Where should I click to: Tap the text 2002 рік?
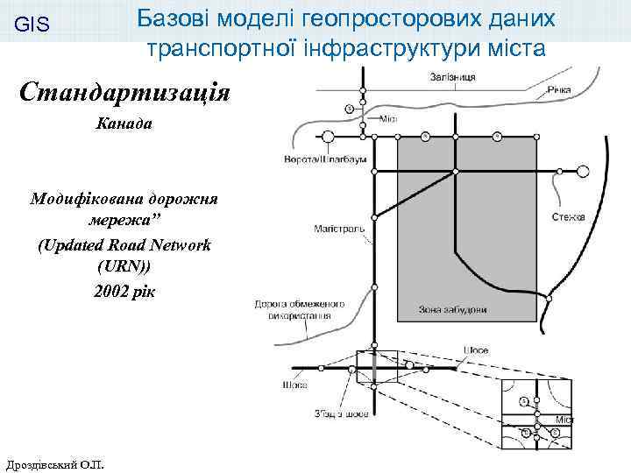[124, 291]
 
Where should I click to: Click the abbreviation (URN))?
[124, 268]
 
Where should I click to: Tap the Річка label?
[558, 90]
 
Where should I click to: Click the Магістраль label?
[333, 229]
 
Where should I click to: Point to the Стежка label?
[569, 216]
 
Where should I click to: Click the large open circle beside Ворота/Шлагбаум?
[330, 137]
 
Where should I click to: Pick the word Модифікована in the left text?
[77, 199]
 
